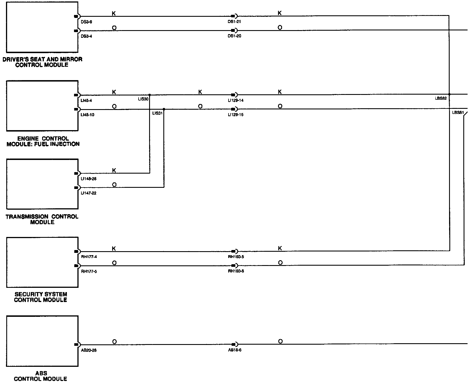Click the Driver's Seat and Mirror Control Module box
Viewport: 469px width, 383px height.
point(42,27)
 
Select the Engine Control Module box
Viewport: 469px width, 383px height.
point(42,106)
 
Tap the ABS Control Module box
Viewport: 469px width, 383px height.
point(42,341)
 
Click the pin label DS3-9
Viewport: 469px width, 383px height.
point(86,22)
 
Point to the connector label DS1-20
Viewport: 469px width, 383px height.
point(234,36)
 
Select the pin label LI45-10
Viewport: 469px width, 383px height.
point(88,115)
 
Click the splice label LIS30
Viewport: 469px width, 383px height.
point(143,99)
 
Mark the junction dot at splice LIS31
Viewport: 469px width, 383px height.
point(164,109)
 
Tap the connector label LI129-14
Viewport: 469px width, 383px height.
point(236,100)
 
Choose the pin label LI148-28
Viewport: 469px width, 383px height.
point(89,179)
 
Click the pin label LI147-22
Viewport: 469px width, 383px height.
point(89,193)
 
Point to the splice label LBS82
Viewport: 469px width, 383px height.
point(441,98)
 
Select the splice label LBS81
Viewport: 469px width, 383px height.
point(458,113)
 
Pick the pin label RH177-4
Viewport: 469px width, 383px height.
point(89,257)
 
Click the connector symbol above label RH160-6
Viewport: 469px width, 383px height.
point(234,266)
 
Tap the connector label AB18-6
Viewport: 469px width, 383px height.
point(234,350)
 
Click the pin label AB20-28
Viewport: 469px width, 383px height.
point(89,350)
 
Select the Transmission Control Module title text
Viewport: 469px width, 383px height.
point(42,219)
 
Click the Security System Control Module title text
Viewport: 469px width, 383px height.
point(41,297)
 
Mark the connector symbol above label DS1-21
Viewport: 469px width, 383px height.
point(234,16)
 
